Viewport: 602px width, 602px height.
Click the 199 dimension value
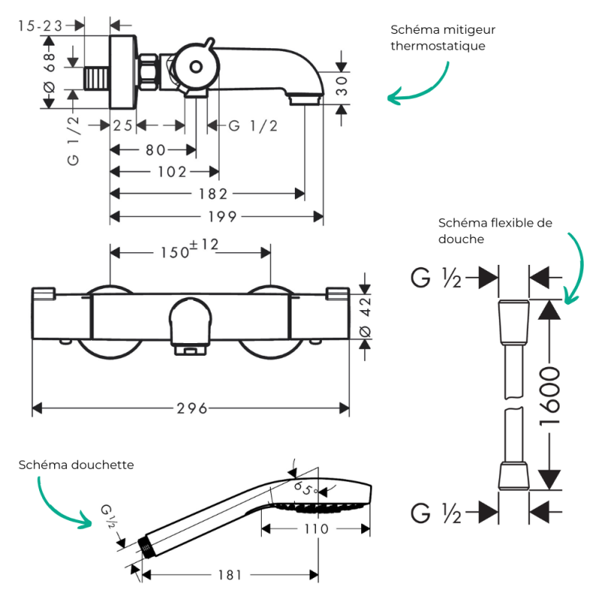click(222, 217)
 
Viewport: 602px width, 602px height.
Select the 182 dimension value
click(213, 194)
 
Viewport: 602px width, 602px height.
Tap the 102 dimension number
click(172, 172)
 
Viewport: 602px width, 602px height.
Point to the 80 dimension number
click(155, 150)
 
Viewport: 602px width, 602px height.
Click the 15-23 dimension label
click(41, 26)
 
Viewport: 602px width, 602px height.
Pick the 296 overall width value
click(192, 408)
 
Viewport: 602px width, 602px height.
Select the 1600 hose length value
click(549, 397)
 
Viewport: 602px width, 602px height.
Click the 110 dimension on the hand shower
click(316, 529)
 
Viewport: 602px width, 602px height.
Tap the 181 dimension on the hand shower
click(230, 575)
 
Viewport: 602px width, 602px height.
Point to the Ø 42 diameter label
click(365, 317)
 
